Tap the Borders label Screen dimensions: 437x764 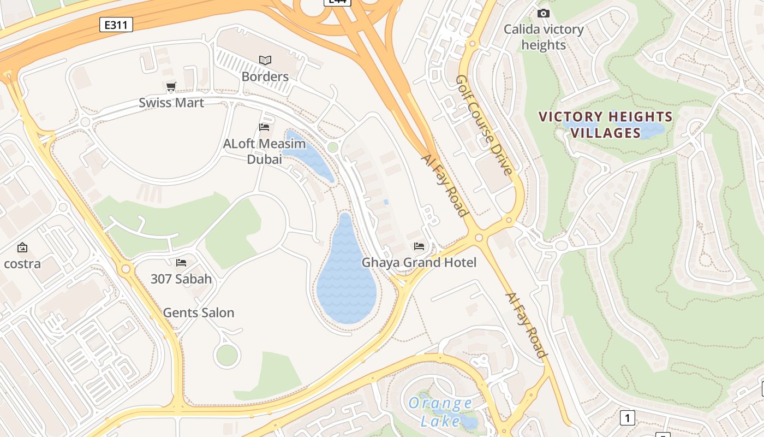tap(265, 76)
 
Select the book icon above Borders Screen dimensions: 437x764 tap(265, 60)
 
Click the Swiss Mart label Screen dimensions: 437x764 tap(171, 103)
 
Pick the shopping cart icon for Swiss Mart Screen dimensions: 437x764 tap(171, 86)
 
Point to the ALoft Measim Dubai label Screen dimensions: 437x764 tap(265, 151)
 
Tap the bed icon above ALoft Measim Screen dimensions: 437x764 tap(264, 127)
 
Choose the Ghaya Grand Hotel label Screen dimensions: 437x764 tap(419, 263)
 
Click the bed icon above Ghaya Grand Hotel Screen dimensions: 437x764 tap(419, 246)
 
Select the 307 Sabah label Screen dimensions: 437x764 tap(181, 279)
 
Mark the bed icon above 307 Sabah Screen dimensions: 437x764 tap(181, 263)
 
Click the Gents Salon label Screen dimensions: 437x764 tap(199, 313)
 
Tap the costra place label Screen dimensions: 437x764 tap(22, 264)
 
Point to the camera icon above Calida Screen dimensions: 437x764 tap(543, 13)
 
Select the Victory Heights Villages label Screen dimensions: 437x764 tap(606, 125)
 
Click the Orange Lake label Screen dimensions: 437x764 tap(440, 412)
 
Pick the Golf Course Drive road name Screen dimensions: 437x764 tap(484, 125)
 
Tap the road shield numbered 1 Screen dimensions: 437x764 tap(628, 418)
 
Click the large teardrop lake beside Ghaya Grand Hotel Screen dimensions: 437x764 tap(346, 279)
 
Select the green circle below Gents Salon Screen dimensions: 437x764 tap(227, 356)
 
